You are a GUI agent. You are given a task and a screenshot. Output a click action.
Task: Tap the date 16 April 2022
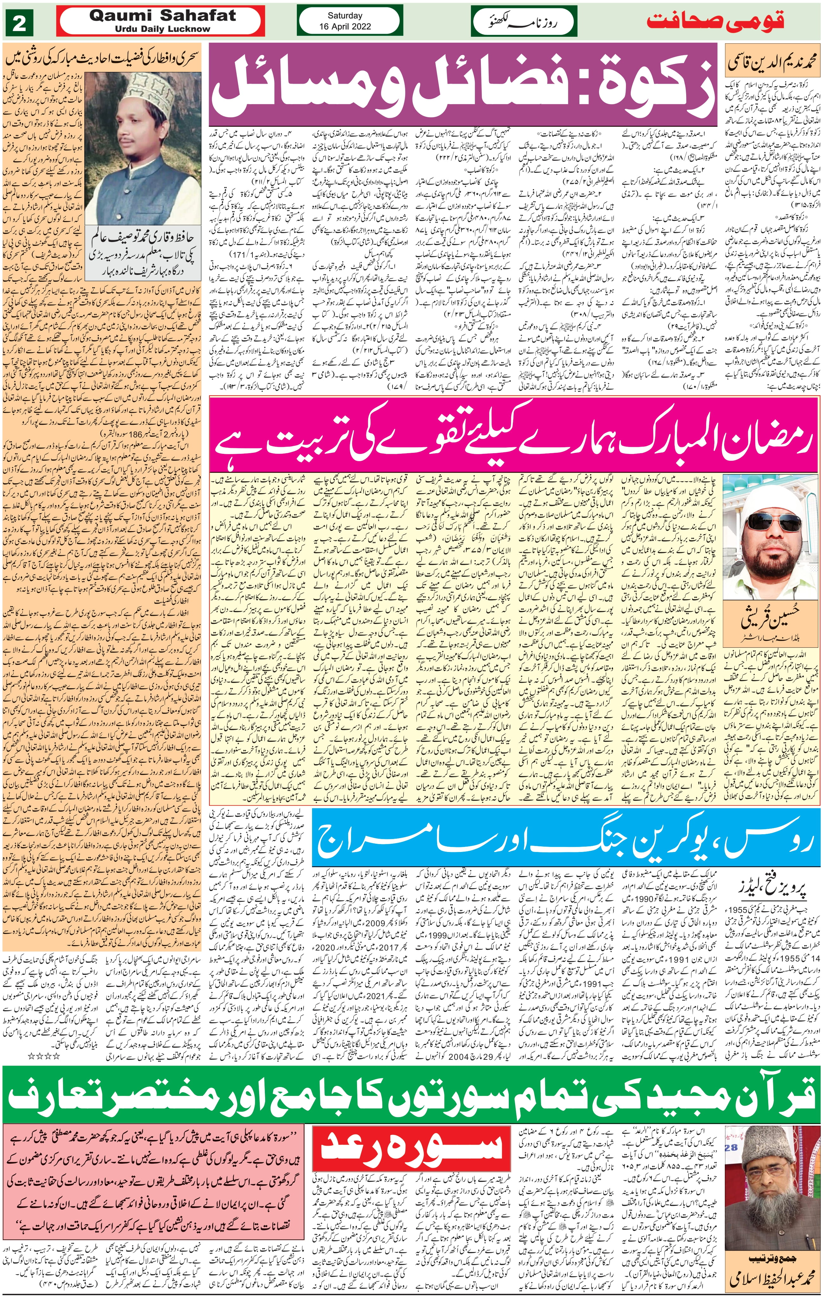345,26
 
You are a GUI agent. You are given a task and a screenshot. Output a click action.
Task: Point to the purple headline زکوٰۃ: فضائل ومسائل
463,86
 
